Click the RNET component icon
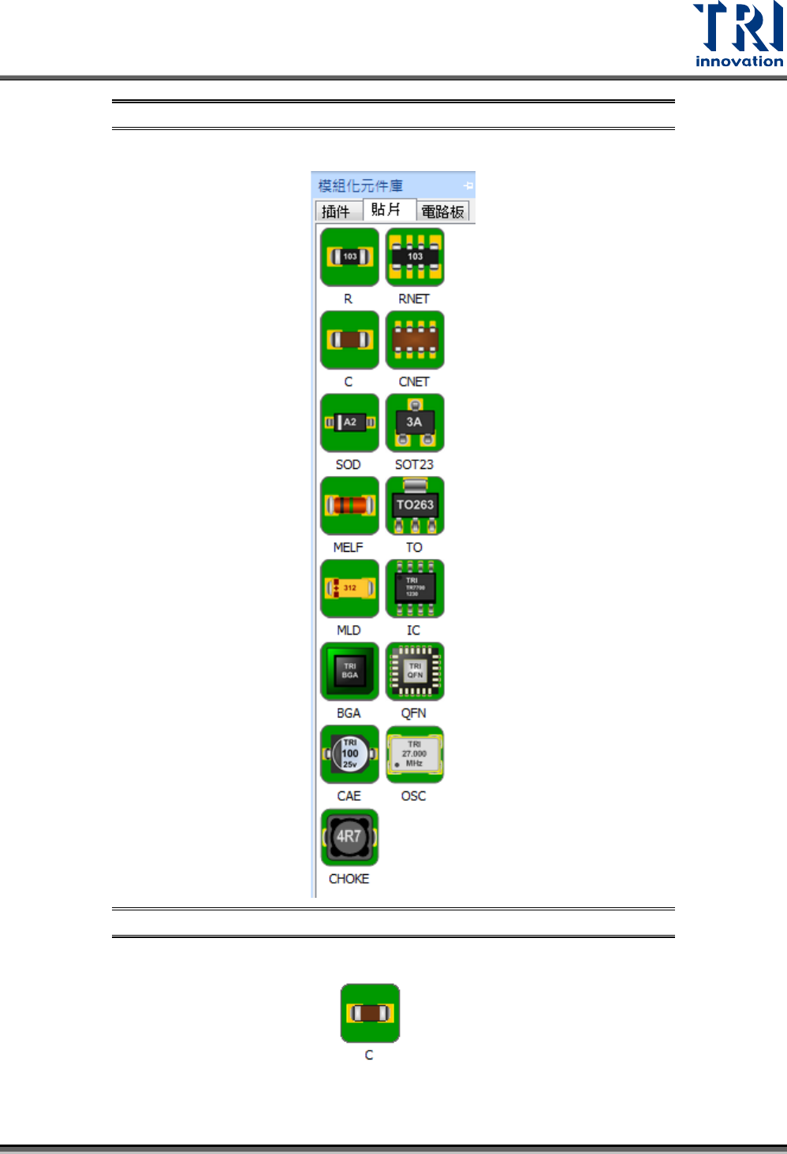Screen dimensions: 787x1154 [x=415, y=257]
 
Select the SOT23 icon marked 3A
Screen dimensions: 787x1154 [x=415, y=423]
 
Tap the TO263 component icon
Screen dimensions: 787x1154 [x=415, y=505]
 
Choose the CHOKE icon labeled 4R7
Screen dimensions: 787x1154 [x=349, y=837]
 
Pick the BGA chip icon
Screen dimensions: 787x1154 [x=349, y=672]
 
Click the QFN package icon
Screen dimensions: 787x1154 [x=415, y=672]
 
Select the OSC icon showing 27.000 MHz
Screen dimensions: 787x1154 [x=415, y=754]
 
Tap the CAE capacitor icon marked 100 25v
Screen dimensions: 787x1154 [x=349, y=754]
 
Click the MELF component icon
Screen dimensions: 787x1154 [x=349, y=505]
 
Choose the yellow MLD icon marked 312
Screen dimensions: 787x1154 [x=349, y=588]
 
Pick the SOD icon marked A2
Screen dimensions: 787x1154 [x=349, y=423]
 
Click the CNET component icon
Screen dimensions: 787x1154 [x=415, y=340]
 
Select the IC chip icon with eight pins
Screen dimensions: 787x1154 [x=415, y=588]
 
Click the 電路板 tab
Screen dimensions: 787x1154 [x=442, y=211]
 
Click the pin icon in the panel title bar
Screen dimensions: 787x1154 [x=468, y=186]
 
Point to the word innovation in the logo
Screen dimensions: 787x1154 [x=739, y=61]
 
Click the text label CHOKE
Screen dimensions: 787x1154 [x=349, y=879]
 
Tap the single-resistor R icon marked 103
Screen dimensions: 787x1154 [x=349, y=257]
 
